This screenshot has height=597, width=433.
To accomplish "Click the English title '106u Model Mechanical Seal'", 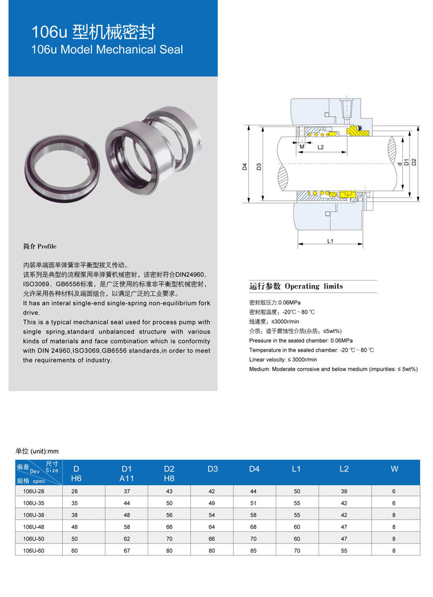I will tap(108, 50).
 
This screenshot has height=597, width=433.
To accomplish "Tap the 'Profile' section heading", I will tap(40, 247).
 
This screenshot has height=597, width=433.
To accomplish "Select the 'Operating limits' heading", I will tap(296, 286).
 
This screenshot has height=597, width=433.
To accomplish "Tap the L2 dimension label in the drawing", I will tap(320, 147).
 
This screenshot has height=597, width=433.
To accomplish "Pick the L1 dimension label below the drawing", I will tap(330, 241).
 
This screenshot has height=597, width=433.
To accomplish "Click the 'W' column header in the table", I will tap(394, 469).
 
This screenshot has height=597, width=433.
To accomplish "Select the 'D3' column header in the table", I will tap(213, 469).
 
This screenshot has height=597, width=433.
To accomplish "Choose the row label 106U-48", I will tap(34, 527).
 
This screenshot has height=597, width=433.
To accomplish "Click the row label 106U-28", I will tap(34, 491).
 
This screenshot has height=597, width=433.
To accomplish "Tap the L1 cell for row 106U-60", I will tap(296, 550).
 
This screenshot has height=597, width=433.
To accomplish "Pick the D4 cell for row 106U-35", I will tap(254, 503).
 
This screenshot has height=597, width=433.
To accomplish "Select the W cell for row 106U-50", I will tap(394, 538).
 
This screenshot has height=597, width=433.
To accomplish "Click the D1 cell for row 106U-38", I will tap(127, 515).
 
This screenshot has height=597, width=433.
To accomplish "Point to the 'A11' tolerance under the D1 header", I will tap(126, 478).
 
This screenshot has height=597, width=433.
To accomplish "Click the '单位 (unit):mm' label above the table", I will tap(37, 451).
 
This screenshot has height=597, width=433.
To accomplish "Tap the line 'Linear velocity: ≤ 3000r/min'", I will tap(283, 360).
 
